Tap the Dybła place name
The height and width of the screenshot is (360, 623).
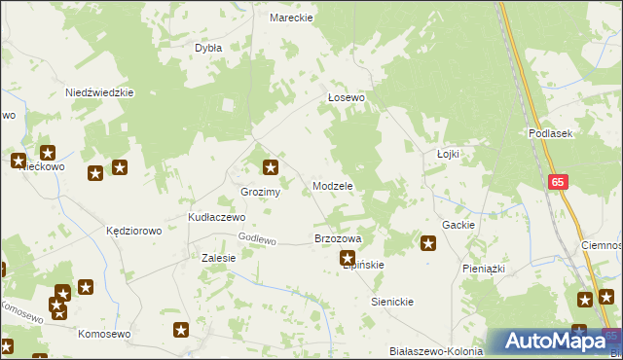tap(208, 47)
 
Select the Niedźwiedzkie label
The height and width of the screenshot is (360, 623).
tap(98, 92)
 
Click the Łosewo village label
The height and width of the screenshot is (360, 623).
tap(346, 97)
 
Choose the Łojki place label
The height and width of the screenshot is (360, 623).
tap(448, 154)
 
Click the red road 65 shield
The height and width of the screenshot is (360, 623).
tap(557, 182)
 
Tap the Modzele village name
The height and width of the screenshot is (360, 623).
tap(332, 185)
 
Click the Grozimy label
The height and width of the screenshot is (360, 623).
tap(261, 192)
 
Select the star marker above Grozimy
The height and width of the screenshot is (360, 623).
tap(272, 167)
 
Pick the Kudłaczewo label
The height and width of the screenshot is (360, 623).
tap(216, 217)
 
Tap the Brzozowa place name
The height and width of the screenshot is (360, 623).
tap(338, 238)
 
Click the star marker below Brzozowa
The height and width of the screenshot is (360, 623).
tap(347, 258)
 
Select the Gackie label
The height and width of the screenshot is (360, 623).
tap(458, 225)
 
